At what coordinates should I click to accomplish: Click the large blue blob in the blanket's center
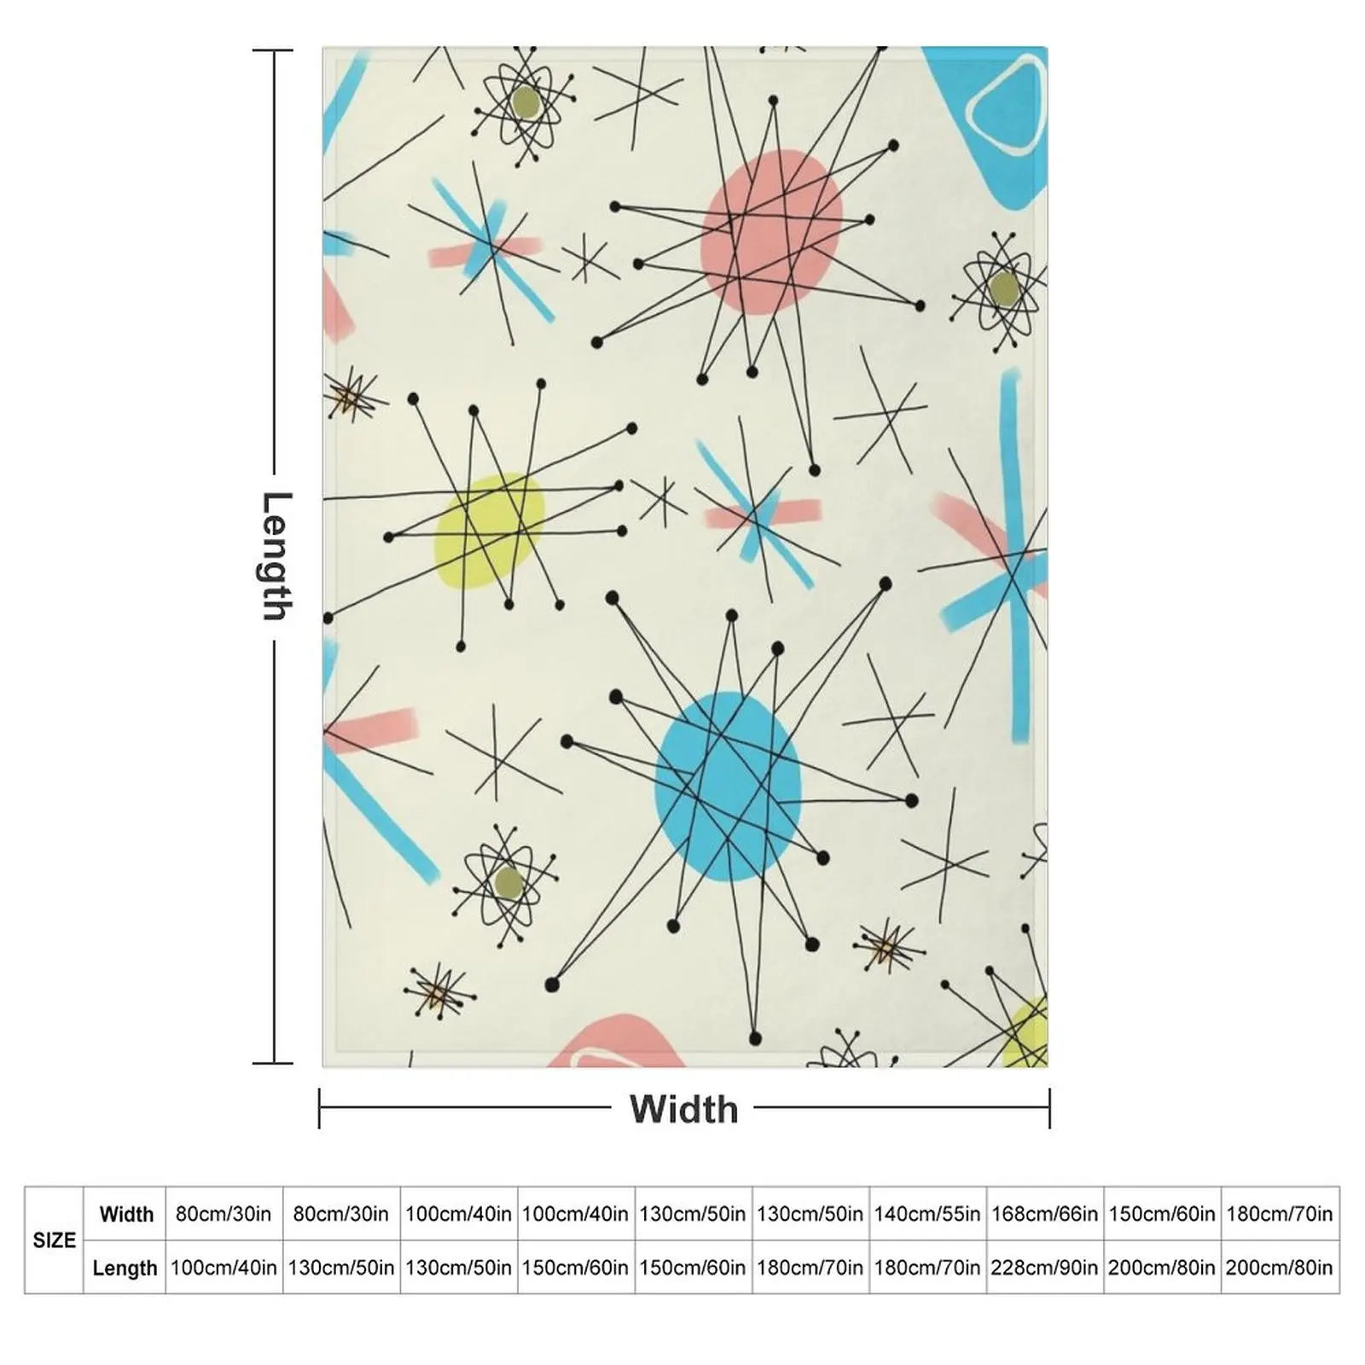728,787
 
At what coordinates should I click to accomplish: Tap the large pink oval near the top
771,232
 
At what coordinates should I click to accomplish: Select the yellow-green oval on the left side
489,531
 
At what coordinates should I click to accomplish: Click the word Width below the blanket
683,1109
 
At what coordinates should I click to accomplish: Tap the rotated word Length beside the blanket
276,556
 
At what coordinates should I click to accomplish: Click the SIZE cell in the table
54,1240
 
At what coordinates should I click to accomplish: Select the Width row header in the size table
126,1213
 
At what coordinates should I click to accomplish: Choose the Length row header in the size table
125,1268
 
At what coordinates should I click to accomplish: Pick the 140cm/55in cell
927,1213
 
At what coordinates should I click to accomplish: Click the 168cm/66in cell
1044,1213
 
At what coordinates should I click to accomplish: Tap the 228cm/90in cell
1044,1268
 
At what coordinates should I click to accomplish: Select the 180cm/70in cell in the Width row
1280,1213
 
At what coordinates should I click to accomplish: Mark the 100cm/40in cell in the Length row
224,1268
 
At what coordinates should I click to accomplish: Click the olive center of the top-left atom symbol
526,103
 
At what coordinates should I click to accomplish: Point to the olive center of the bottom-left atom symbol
508,883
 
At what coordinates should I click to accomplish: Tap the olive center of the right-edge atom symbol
1005,288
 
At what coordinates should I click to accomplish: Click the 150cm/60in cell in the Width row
1162,1213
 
